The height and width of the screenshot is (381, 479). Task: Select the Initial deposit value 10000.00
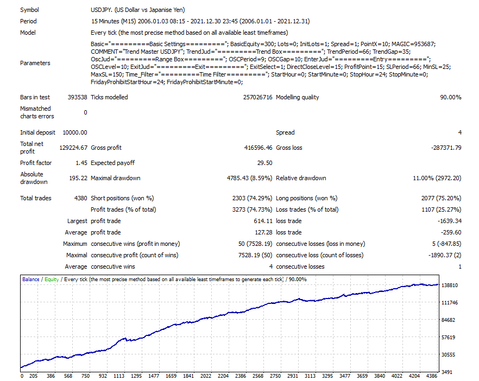pos(75,132)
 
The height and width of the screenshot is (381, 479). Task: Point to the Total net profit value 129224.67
pos(73,148)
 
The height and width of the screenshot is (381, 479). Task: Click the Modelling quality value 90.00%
pos(450,98)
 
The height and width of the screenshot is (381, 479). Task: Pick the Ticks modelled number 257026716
pos(257,98)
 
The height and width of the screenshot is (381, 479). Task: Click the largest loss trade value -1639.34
pos(448,221)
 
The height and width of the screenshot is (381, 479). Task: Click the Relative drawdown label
pos(301,178)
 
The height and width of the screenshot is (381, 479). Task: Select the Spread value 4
pos(459,132)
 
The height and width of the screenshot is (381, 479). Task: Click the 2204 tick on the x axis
pos(223,376)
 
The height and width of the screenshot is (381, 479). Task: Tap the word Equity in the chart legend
pos(52,280)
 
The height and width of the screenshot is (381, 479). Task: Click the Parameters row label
pos(35,63)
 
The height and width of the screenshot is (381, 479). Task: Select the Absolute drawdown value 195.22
pos(77,178)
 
